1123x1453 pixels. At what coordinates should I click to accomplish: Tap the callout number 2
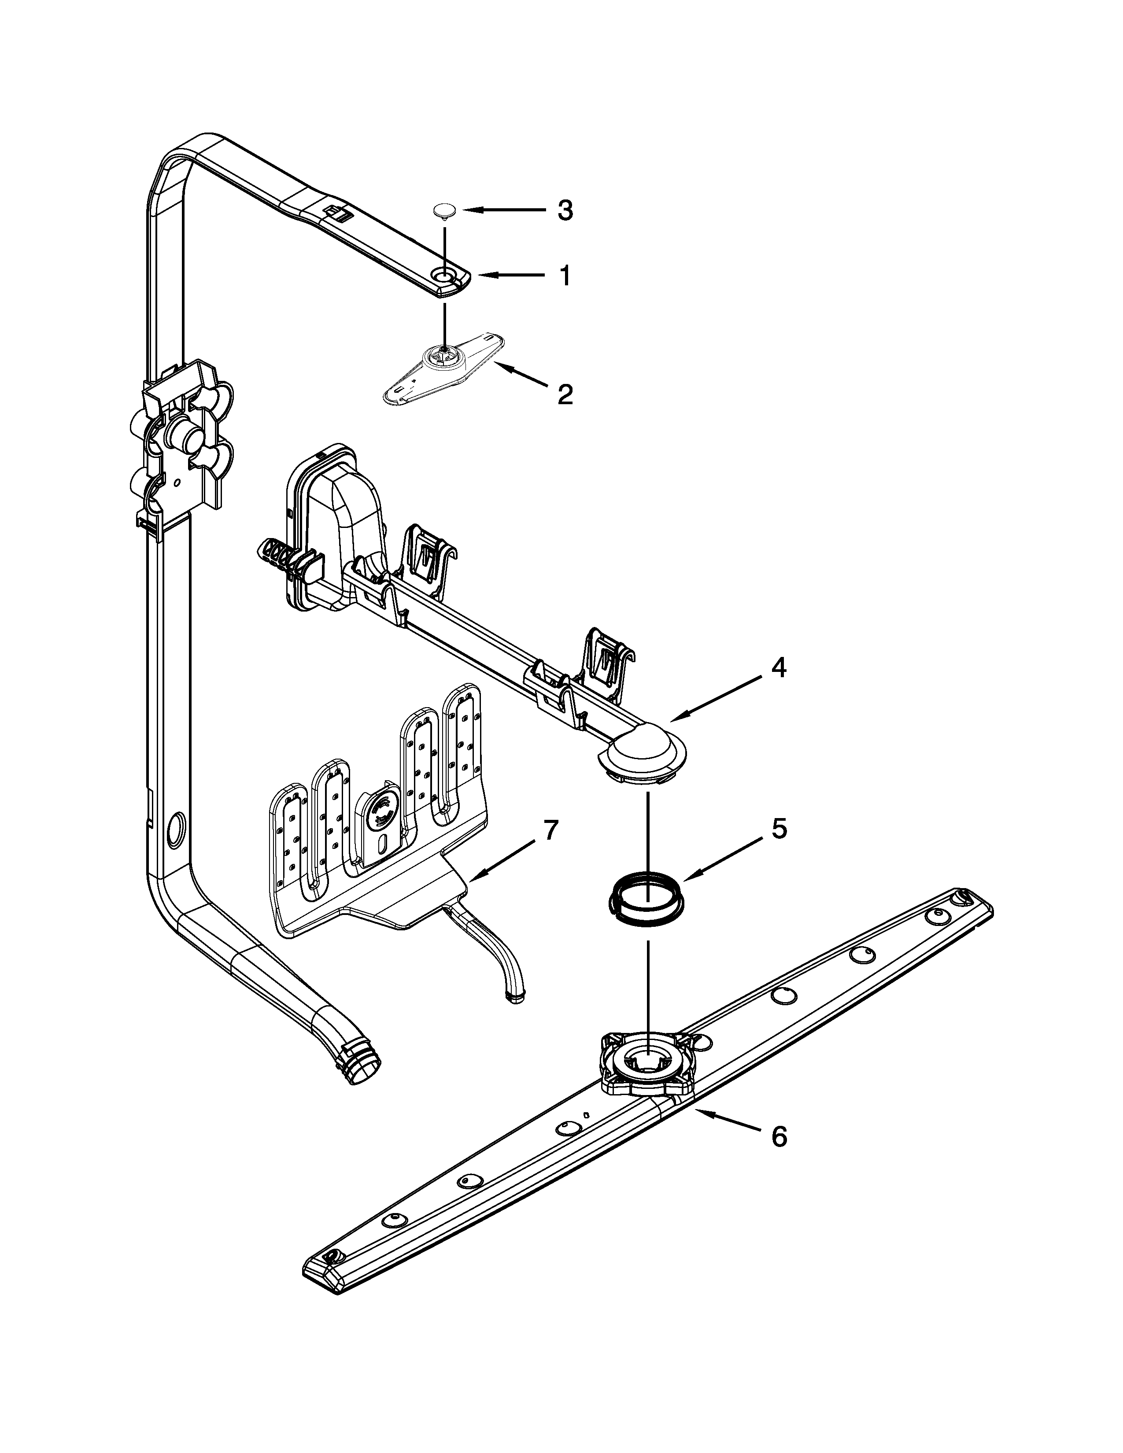tap(564, 395)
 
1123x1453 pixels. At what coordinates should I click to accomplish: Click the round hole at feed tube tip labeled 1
tap(443, 274)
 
